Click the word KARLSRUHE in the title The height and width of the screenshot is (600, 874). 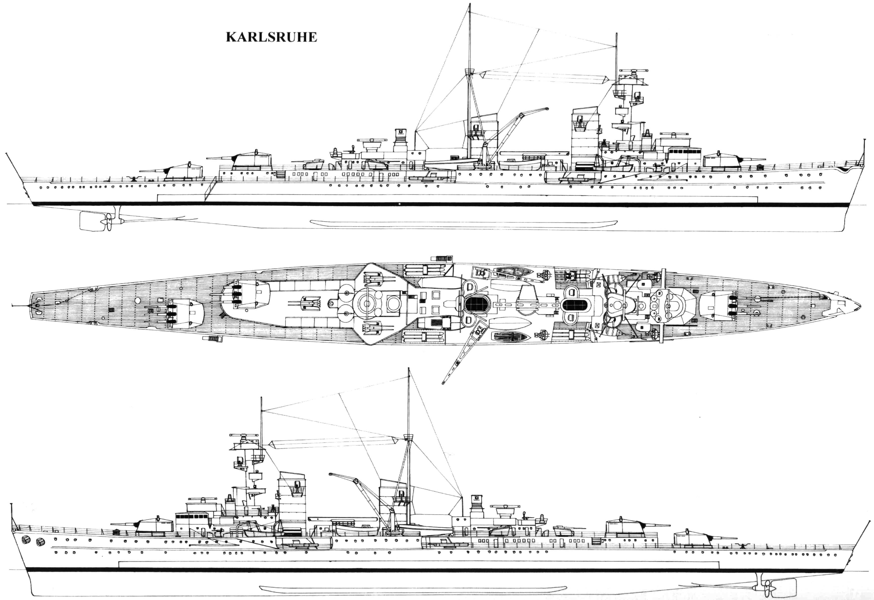(x=271, y=37)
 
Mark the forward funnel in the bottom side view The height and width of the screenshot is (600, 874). (x=292, y=504)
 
